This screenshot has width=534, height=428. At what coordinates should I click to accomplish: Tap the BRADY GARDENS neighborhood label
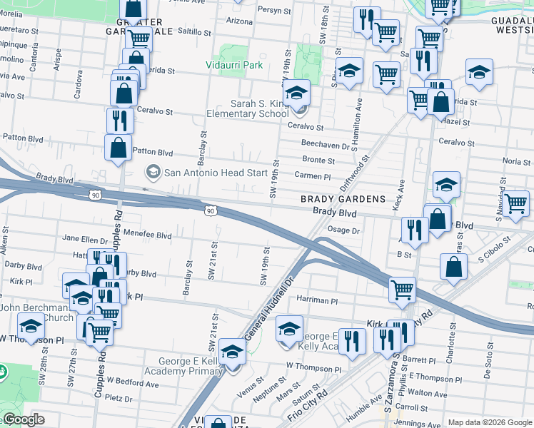point(343,199)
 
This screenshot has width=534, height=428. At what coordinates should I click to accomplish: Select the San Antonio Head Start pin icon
point(152,172)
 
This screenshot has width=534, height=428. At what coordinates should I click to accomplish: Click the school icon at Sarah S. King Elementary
point(296,93)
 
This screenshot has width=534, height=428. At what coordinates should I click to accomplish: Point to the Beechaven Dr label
point(324,145)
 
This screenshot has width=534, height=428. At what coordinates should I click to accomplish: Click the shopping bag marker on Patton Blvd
point(118,148)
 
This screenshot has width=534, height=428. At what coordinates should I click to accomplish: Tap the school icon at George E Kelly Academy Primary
point(232,352)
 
